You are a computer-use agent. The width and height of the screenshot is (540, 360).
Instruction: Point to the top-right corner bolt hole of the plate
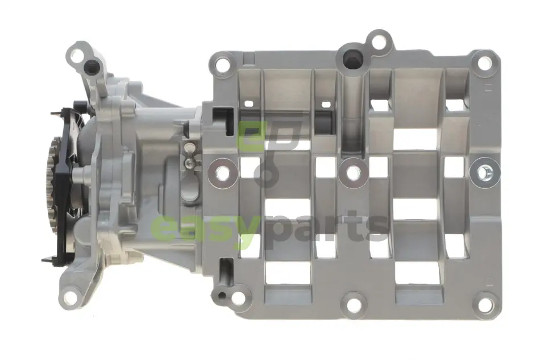484,63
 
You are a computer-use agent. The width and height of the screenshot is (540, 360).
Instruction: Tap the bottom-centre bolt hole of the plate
354,304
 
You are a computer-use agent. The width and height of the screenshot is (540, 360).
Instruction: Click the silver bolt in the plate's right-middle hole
484,172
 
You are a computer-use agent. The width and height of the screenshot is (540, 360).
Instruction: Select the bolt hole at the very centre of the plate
354,172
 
